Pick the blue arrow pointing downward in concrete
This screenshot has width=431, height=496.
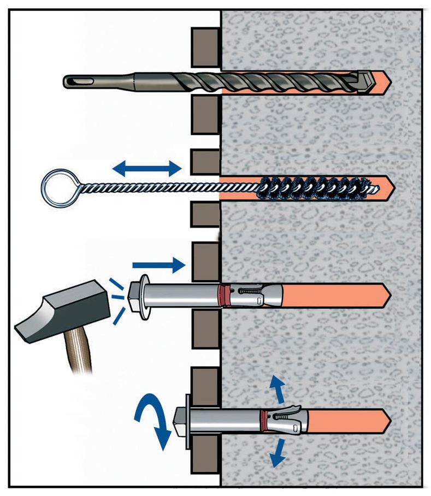[280, 451]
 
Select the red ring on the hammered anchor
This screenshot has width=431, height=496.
[221, 296]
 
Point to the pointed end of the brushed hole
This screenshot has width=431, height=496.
[389, 186]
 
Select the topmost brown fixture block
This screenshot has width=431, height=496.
[205, 43]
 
